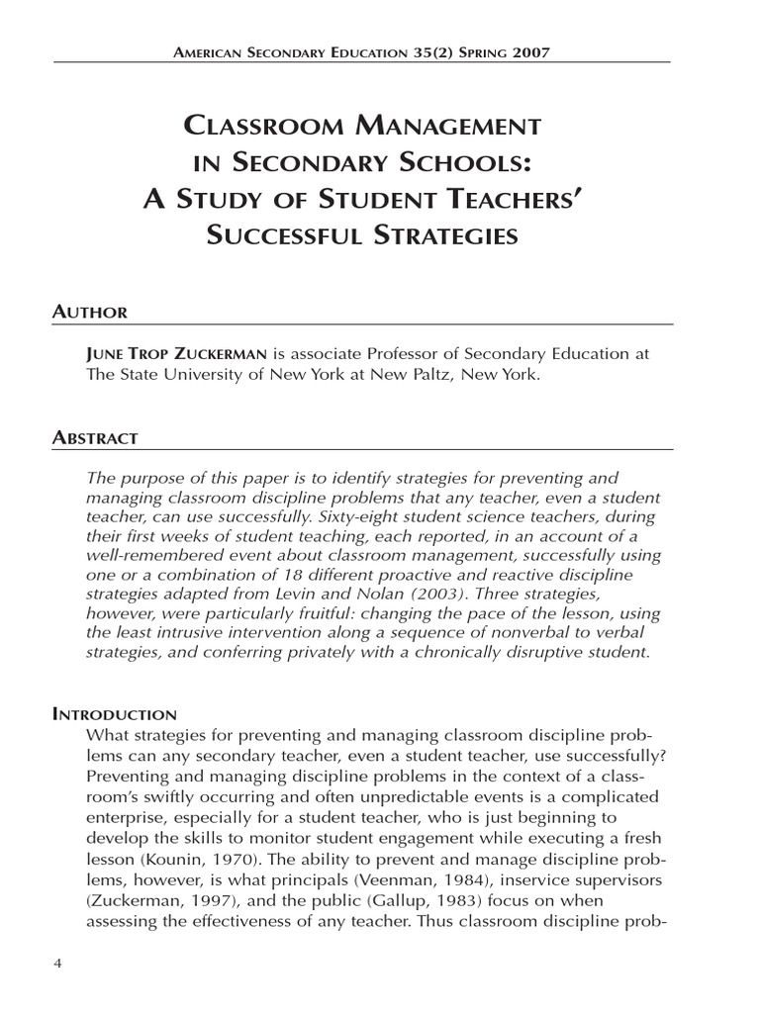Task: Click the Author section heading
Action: tap(89, 313)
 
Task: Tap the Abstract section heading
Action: tap(95, 437)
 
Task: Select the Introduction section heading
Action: tap(115, 714)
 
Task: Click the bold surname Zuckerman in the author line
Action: tap(209, 354)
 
